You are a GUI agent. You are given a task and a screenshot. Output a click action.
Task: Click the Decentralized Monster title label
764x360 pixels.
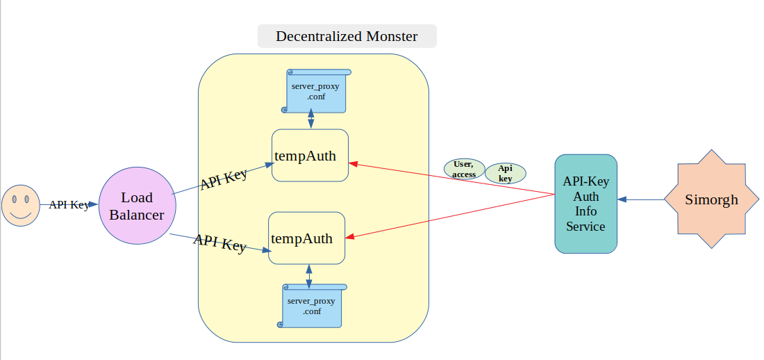coord(347,36)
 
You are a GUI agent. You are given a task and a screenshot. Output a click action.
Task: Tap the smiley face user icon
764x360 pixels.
coord(20,205)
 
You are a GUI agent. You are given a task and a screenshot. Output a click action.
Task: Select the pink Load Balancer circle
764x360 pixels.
coord(137,206)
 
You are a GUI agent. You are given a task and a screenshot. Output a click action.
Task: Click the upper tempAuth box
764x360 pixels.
coord(310,156)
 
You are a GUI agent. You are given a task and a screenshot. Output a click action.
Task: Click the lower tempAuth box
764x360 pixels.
coord(307,238)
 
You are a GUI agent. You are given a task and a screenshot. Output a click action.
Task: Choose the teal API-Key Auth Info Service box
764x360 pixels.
coord(586,204)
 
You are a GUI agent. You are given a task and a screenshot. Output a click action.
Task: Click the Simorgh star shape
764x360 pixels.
coord(711,199)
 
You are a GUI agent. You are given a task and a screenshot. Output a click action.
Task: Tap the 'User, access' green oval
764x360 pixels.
coord(464,169)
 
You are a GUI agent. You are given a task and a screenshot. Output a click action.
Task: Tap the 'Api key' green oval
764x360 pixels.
coord(505,173)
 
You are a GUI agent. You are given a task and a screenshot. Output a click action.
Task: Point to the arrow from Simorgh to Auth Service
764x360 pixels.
coord(640,199)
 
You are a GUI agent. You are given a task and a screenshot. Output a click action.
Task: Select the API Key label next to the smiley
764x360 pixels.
coord(69,205)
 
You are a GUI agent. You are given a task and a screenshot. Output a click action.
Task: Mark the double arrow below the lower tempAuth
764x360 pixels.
coord(308,275)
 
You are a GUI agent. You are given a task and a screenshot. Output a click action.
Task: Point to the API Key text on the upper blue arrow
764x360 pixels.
coord(224,179)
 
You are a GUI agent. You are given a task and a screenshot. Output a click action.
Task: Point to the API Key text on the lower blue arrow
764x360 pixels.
coord(219,243)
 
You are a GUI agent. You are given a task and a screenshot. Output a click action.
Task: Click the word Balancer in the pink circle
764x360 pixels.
coord(137,215)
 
